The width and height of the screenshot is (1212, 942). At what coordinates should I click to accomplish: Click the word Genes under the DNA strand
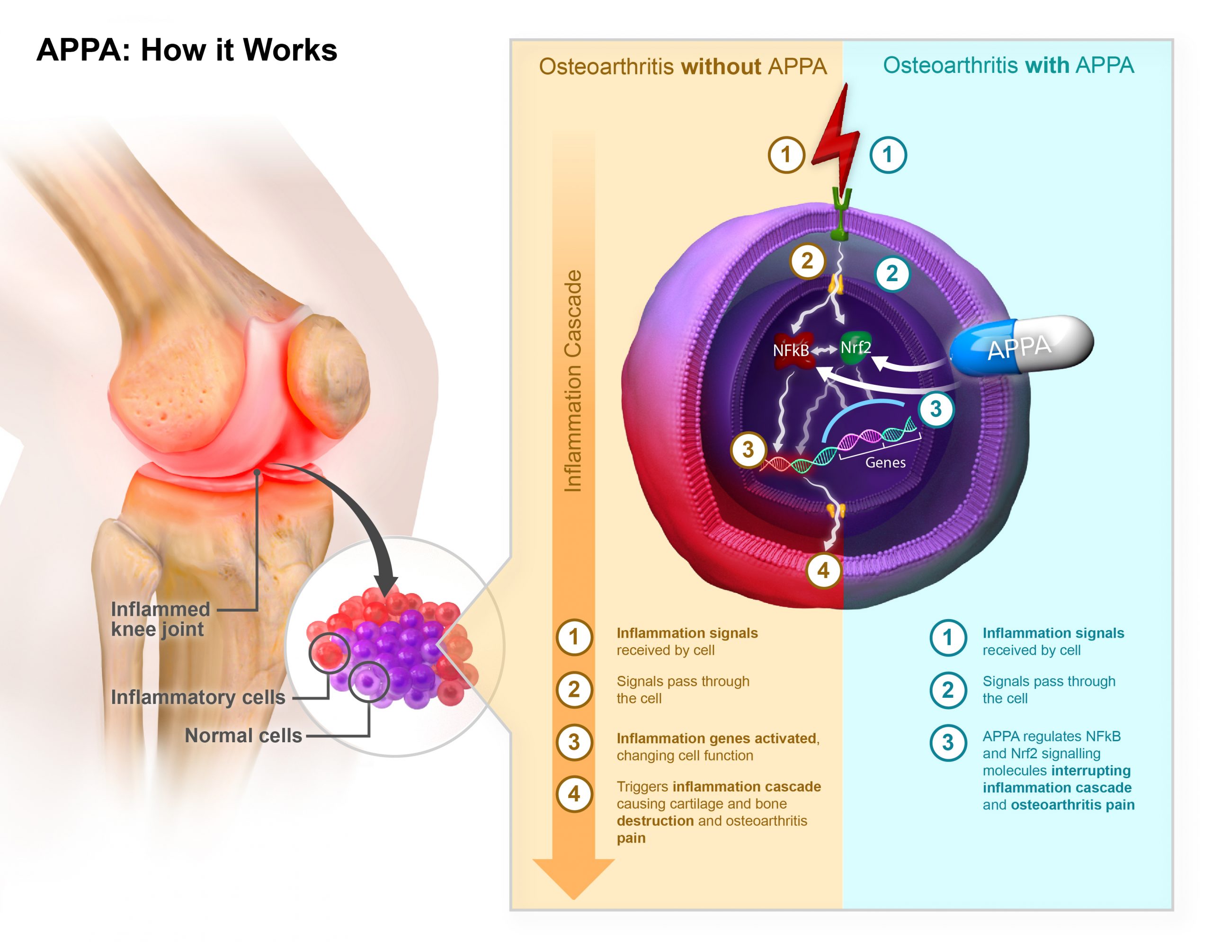[x=886, y=462]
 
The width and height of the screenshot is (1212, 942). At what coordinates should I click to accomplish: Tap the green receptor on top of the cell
[x=841, y=213]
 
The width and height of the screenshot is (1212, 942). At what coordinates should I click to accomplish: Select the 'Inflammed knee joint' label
[x=160, y=619]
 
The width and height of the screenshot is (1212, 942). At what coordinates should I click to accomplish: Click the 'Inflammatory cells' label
[x=197, y=697]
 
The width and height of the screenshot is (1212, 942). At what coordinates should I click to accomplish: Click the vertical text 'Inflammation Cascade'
[x=573, y=382]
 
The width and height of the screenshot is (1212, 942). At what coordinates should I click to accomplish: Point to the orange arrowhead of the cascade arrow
[x=574, y=877]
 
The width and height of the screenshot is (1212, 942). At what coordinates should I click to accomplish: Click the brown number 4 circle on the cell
[x=823, y=570]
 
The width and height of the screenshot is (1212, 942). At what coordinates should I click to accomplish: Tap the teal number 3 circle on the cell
[x=936, y=409]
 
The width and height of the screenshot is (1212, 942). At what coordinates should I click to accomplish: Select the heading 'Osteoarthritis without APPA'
[x=683, y=67]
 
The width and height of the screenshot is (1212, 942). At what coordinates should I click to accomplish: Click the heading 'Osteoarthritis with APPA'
[x=1008, y=65]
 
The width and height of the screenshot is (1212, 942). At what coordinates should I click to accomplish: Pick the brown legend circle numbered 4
[x=574, y=794]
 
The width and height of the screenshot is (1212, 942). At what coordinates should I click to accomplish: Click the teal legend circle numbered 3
[x=948, y=742]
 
